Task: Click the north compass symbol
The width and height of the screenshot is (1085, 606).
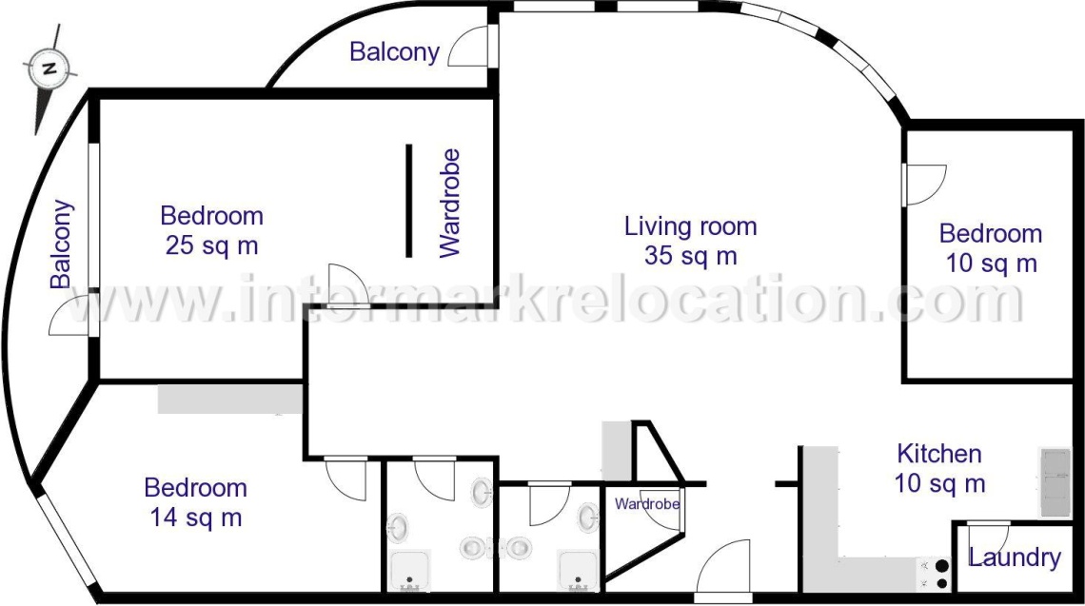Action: (49, 69)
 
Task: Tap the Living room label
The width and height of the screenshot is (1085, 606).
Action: (691, 226)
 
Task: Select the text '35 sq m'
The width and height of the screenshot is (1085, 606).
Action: (691, 256)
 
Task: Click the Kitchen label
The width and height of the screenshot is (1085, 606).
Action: (939, 454)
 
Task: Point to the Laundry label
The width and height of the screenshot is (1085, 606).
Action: (1014, 557)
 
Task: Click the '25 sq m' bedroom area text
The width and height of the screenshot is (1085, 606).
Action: (211, 245)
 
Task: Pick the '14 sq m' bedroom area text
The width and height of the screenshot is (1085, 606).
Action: (196, 518)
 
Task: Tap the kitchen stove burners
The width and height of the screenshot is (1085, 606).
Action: (941, 575)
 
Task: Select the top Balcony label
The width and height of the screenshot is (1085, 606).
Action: (394, 52)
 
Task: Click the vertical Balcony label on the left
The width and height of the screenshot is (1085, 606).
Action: (61, 244)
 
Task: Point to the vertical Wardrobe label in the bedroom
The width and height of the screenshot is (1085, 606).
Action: (450, 203)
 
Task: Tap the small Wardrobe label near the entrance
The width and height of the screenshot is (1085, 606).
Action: (647, 503)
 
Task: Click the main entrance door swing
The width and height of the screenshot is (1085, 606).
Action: (722, 567)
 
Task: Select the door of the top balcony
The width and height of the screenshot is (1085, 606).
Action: (470, 47)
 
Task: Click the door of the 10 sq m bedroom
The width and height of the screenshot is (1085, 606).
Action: (924, 185)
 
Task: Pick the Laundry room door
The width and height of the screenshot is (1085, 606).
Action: (988, 537)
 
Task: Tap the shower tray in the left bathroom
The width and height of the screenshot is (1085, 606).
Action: (410, 572)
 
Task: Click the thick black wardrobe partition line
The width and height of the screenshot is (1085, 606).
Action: (409, 201)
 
